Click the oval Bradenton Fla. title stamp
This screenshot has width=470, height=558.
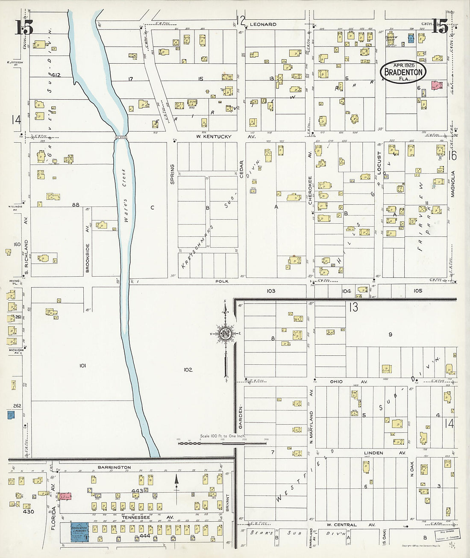click(403, 71)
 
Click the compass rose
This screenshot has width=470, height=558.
click(226, 334)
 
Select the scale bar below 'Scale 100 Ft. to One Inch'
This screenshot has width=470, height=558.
click(222, 443)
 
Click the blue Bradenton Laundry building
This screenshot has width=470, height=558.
click(79, 531)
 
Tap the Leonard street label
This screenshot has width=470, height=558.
click(263, 24)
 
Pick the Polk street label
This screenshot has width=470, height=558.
click(222, 281)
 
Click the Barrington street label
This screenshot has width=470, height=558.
click(114, 467)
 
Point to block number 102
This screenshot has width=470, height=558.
click(188, 369)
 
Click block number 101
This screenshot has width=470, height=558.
click(82, 366)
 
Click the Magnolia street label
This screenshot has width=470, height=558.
click(453, 184)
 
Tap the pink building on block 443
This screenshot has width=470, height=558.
click(65, 496)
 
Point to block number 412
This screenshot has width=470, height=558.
click(56, 75)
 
